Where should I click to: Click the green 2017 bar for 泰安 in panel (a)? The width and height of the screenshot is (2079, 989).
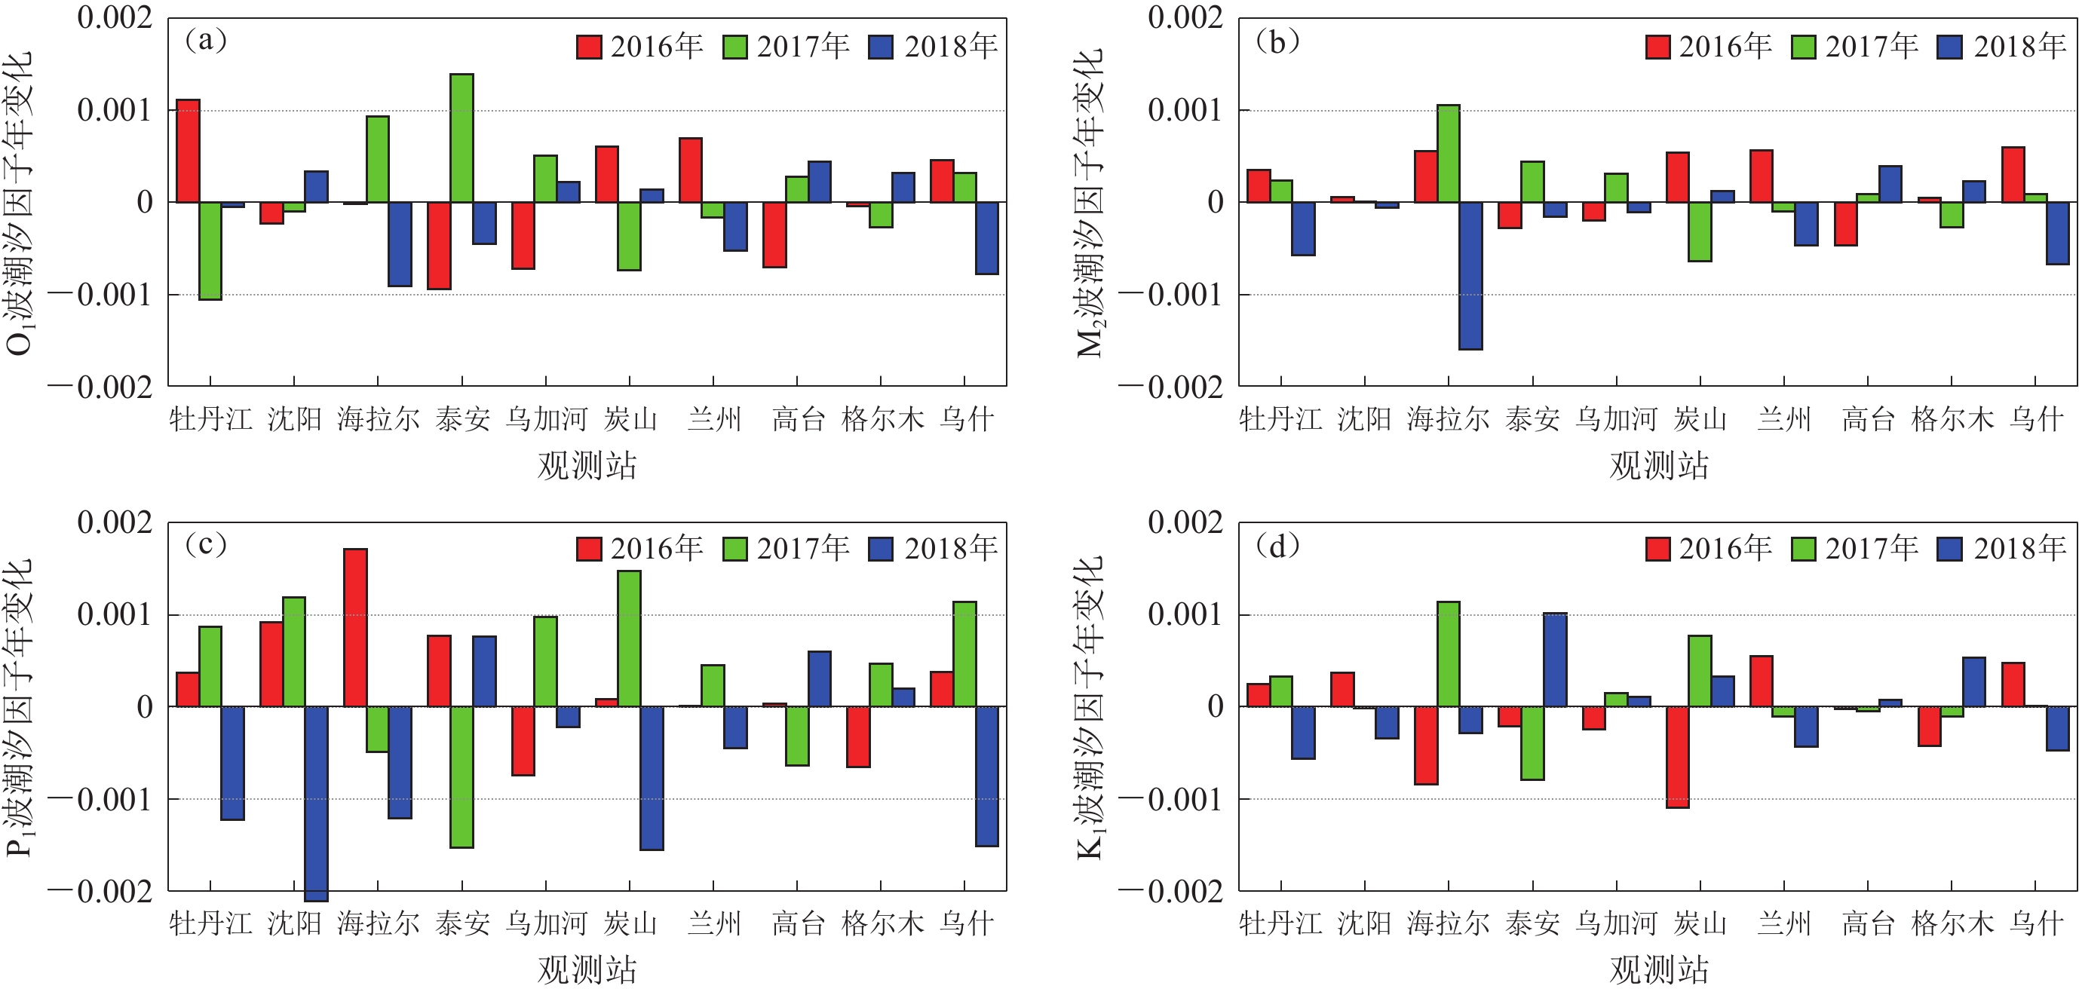(461, 138)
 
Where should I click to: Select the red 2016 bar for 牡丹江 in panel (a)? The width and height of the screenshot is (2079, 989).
(188, 151)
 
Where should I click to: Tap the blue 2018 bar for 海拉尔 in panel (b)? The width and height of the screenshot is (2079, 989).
(1470, 275)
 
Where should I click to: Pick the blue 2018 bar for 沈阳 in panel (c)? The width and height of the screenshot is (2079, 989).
(317, 804)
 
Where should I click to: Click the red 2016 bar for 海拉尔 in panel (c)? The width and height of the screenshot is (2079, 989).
(355, 628)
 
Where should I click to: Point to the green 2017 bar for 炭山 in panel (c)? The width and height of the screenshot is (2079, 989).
(630, 639)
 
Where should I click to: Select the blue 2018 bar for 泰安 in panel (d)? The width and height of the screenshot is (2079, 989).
(1555, 660)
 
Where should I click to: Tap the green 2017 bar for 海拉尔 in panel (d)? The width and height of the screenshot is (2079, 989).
(1449, 654)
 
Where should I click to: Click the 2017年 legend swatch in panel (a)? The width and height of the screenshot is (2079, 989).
(734, 47)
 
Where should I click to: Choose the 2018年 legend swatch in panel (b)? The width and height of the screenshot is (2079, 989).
(1950, 47)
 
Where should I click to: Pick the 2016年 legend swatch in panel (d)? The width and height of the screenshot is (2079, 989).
(1657, 550)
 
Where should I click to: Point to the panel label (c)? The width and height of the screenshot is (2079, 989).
(206, 545)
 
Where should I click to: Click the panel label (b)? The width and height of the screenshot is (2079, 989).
(1277, 41)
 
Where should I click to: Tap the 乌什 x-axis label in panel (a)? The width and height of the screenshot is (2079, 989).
(966, 418)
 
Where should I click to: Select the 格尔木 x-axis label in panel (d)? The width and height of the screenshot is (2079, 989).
(1952, 923)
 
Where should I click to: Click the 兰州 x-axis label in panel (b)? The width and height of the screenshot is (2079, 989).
(1784, 418)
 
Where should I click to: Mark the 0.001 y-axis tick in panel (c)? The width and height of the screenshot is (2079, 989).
(115, 614)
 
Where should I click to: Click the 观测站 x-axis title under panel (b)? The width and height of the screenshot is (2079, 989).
(1658, 465)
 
